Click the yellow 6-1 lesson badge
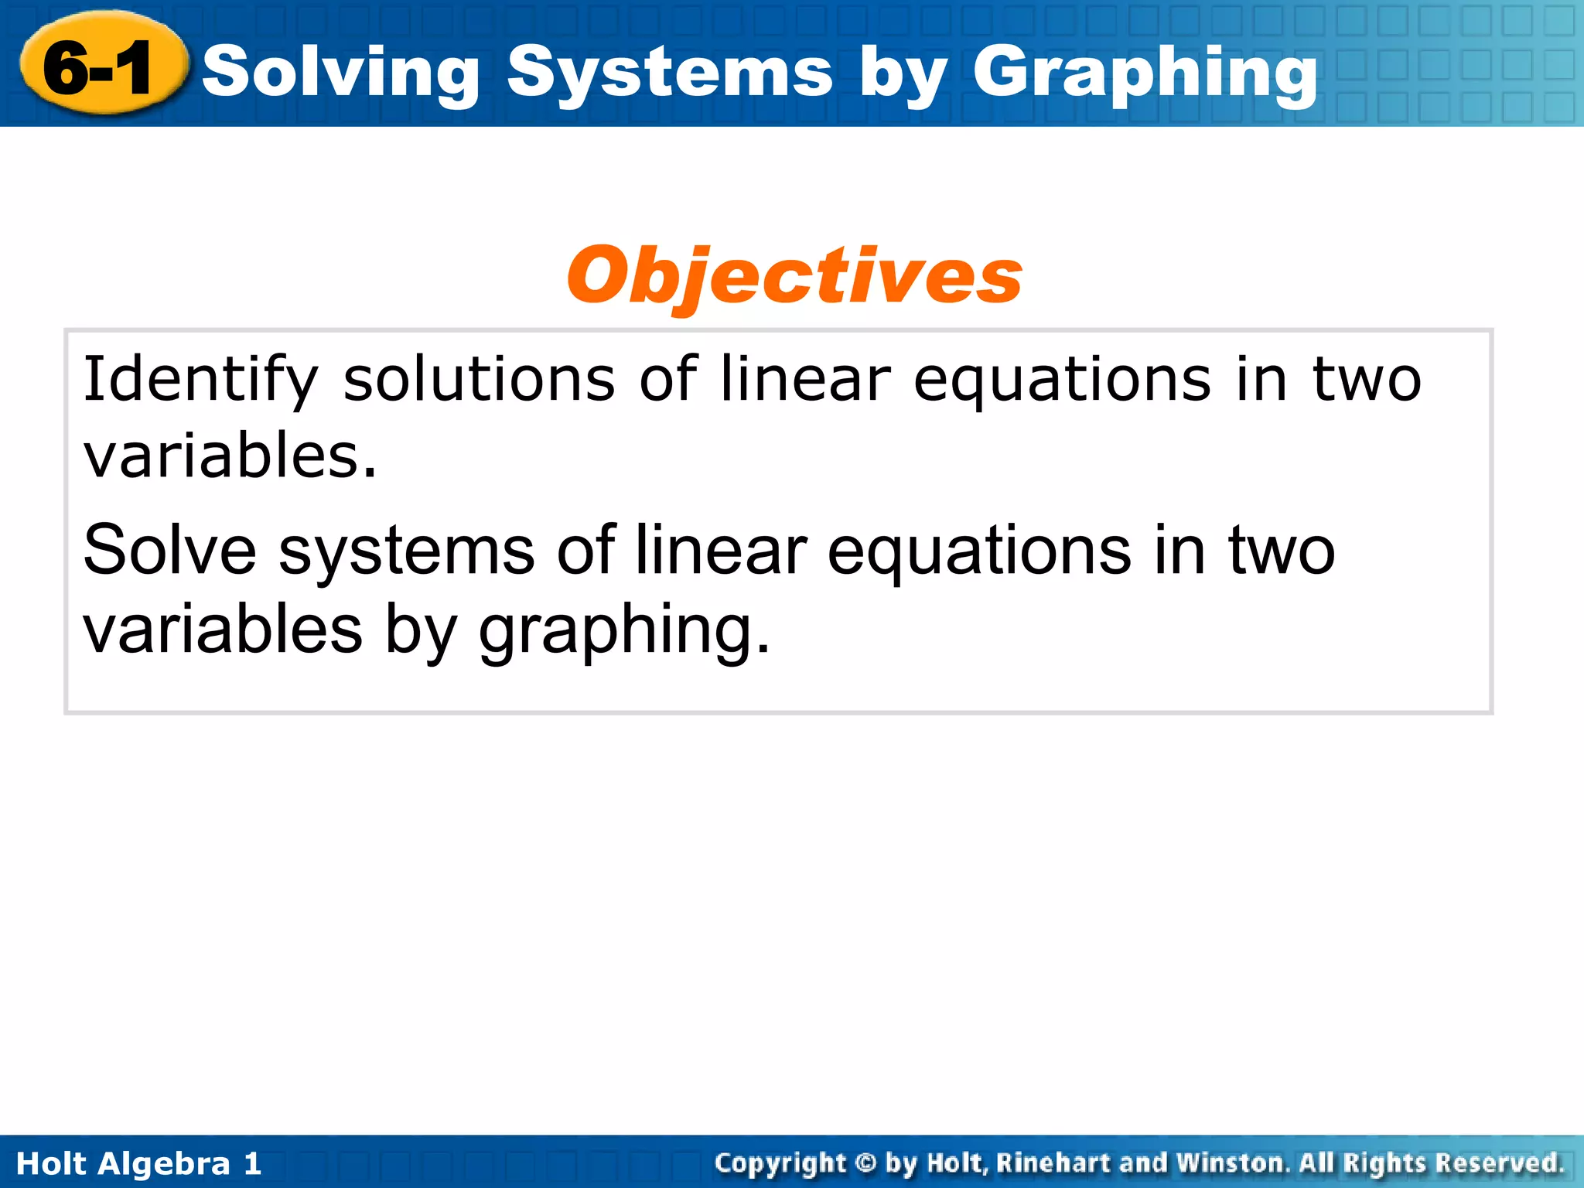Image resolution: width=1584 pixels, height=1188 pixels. [x=101, y=68]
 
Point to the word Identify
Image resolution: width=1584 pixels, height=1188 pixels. [x=200, y=379]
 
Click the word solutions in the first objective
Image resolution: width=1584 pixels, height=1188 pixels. [x=479, y=379]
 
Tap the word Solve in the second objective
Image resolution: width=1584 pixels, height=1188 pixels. [x=169, y=550]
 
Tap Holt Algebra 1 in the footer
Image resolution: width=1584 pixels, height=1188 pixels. [x=138, y=1163]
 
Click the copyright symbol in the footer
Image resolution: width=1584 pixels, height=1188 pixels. [x=866, y=1162]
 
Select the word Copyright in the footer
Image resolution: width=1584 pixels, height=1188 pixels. [x=780, y=1163]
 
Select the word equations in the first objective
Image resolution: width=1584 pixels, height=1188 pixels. [x=1061, y=379]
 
